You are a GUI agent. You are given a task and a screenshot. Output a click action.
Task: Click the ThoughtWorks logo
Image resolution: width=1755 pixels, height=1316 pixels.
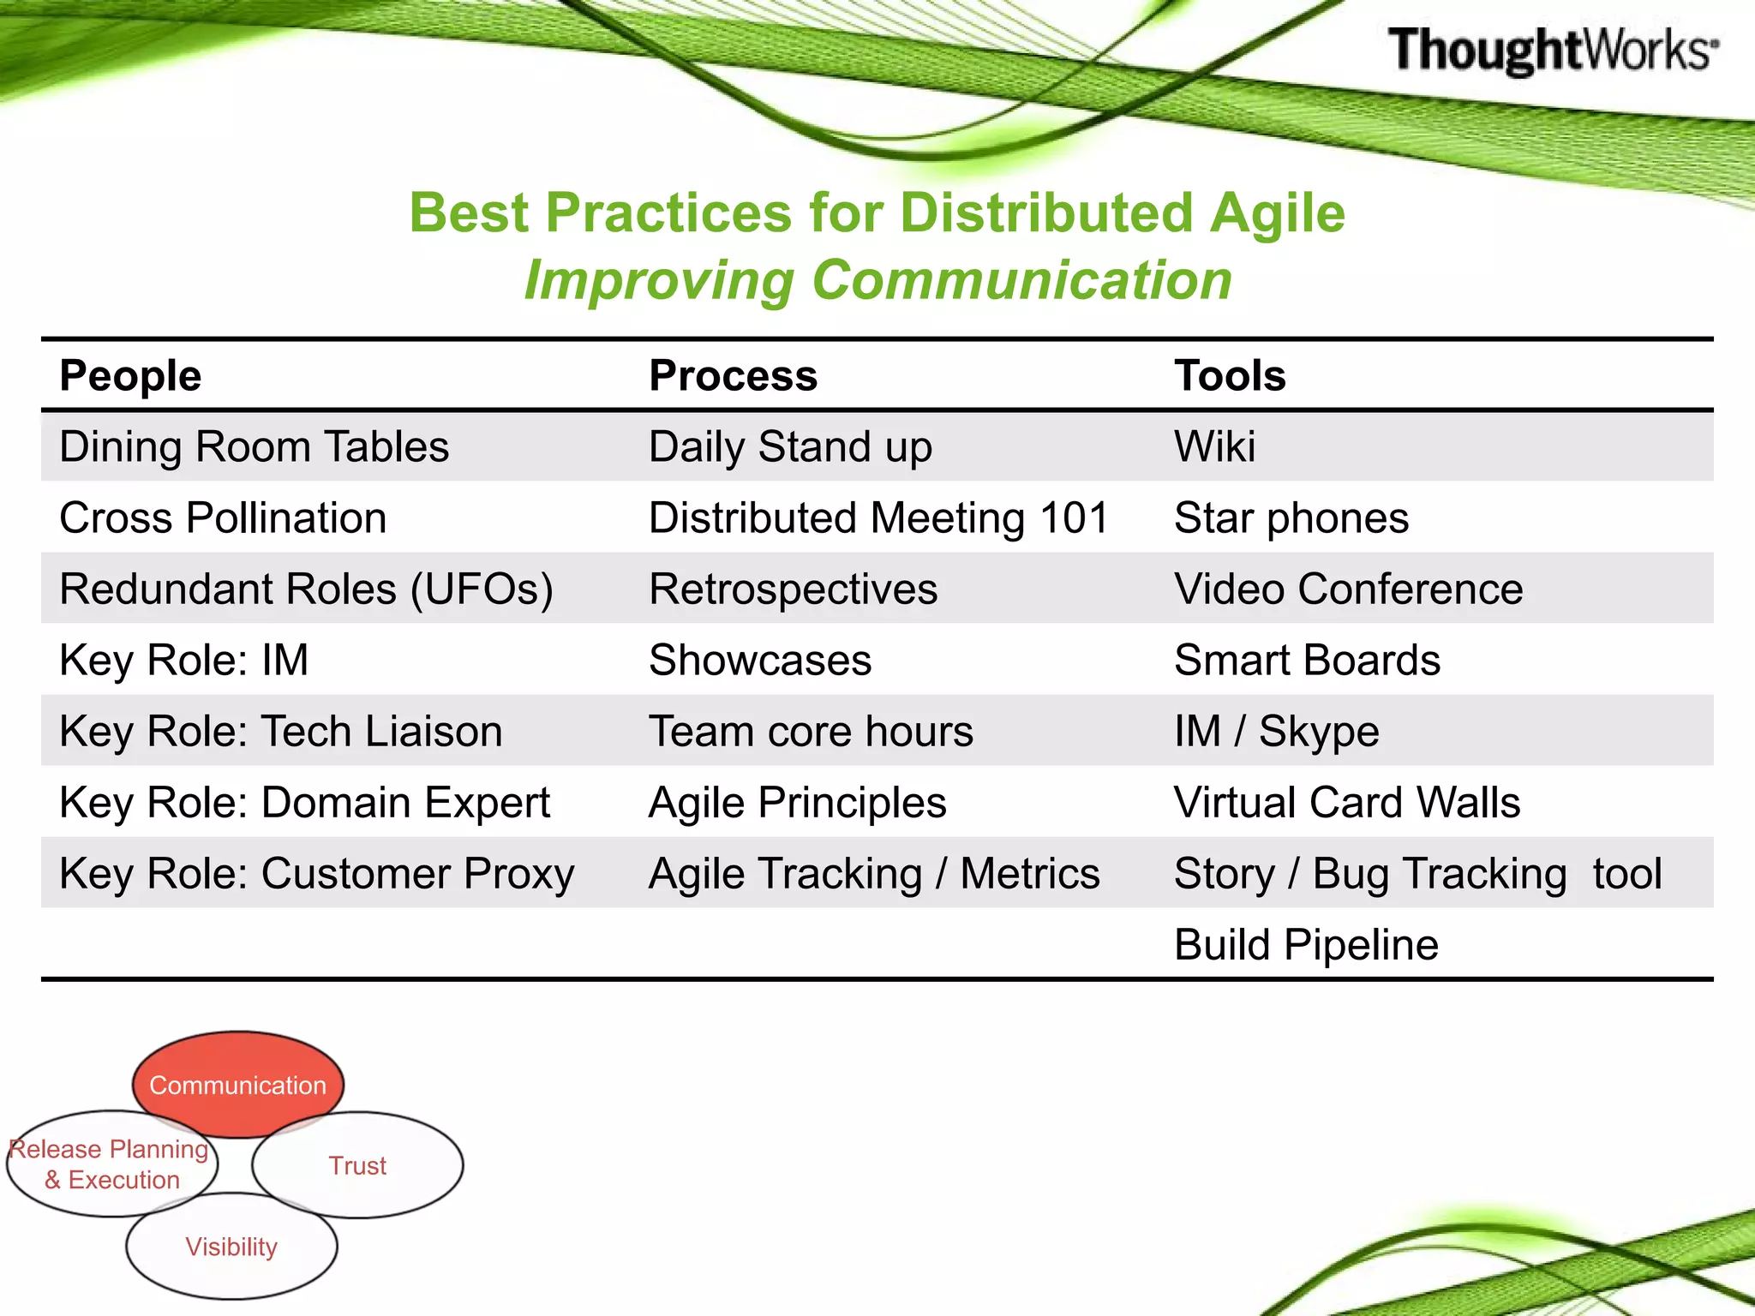point(1552,50)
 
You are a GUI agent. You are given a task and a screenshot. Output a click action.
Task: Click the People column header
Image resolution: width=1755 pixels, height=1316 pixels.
point(130,375)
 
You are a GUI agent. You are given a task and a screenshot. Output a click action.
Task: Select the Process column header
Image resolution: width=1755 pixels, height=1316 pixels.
point(733,375)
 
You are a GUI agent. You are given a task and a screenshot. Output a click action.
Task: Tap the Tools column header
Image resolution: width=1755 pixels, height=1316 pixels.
point(1230,375)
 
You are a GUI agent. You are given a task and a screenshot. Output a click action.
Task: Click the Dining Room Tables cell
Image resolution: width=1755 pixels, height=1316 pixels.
point(254,446)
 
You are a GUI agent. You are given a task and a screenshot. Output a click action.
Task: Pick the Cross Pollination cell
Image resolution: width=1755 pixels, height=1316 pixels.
point(223,517)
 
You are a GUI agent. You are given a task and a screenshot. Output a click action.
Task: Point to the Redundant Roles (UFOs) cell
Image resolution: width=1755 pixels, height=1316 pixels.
point(306,589)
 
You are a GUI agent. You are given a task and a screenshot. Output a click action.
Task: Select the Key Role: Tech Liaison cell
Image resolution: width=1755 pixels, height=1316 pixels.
point(280,732)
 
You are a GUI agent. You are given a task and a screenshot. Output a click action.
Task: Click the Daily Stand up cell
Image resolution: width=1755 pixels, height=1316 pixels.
point(789,446)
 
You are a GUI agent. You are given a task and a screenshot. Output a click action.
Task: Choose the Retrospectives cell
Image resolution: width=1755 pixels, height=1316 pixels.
point(793,589)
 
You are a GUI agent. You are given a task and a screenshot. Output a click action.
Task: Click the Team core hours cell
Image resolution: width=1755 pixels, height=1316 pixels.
point(811,732)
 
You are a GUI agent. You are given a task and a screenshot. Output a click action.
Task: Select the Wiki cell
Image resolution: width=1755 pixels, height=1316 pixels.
point(1214,446)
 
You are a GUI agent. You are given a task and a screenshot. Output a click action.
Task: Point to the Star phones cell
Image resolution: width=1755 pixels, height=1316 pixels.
point(1291,517)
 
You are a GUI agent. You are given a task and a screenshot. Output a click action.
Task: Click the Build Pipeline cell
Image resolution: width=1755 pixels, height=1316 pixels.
point(1305,945)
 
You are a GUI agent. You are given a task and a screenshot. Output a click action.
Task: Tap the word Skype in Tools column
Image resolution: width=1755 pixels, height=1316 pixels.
point(1318,732)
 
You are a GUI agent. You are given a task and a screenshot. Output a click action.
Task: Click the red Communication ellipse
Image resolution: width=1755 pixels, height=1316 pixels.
point(237,1085)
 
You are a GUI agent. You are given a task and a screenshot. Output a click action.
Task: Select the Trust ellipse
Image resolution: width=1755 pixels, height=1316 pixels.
point(357,1165)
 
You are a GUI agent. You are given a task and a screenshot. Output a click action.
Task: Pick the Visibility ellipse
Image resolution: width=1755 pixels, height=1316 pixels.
point(231,1247)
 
